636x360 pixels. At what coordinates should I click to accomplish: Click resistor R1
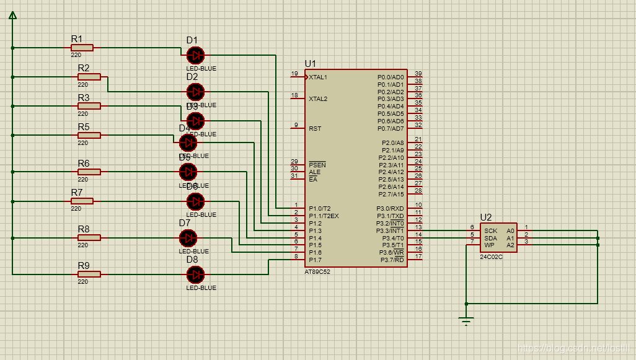coord(82,48)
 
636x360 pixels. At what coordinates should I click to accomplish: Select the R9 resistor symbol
coord(89,274)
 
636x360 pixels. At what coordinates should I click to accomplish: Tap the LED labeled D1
coord(195,55)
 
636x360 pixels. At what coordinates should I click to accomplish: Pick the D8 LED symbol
coord(195,274)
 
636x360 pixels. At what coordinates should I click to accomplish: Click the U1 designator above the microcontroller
coord(310,64)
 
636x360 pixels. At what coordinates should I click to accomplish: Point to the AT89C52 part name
coord(317,271)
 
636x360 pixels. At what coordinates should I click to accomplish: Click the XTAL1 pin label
coord(318,77)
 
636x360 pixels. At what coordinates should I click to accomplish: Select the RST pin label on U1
coord(315,128)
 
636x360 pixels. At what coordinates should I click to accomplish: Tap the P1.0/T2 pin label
coord(320,208)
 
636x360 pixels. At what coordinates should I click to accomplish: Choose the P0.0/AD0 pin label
coord(391,77)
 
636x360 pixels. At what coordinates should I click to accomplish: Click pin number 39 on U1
coord(418,74)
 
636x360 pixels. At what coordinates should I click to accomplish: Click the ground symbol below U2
coord(467,320)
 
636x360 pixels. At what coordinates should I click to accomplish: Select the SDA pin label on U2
coord(490,238)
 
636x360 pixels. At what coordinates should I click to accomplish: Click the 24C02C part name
coord(491,257)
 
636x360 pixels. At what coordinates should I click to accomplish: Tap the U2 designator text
coord(486,217)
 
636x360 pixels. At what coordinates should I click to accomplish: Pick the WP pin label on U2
coord(489,245)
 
